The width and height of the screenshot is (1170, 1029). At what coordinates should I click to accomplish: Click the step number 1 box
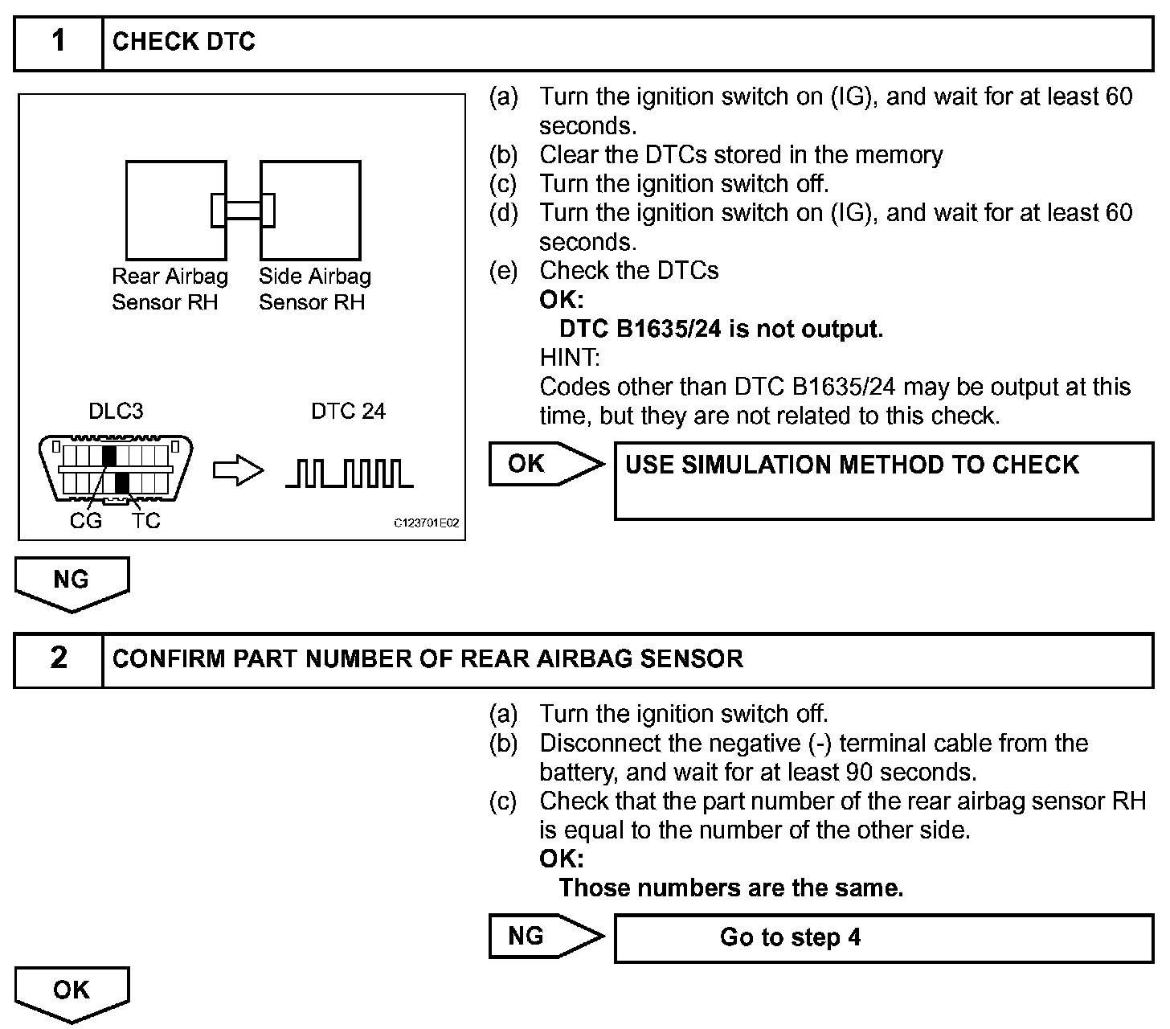click(x=59, y=43)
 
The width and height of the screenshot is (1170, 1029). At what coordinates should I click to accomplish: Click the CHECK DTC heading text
click(x=184, y=42)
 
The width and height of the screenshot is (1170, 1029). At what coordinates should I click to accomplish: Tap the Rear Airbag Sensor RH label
click(x=170, y=289)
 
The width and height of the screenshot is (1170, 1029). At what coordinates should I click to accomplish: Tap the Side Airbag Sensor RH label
click(x=314, y=289)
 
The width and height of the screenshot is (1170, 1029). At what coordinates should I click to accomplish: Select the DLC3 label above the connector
click(x=116, y=412)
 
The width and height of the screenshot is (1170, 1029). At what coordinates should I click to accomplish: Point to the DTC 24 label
click(x=348, y=412)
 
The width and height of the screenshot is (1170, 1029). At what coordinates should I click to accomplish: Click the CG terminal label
click(x=85, y=521)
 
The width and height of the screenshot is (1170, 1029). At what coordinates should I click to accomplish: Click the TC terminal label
click(x=146, y=521)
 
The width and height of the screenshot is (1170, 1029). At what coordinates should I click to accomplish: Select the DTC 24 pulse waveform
click(x=350, y=474)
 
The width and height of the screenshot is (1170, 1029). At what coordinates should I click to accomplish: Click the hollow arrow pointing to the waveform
click(x=238, y=472)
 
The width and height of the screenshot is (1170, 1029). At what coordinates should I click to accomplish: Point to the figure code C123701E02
click(x=426, y=523)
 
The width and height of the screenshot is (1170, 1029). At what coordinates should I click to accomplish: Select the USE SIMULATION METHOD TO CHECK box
click(x=883, y=481)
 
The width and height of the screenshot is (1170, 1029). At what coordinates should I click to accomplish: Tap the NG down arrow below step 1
click(x=72, y=583)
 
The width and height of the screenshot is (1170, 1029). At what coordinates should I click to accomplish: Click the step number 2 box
click(x=59, y=659)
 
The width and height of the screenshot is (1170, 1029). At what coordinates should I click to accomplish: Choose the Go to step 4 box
click(x=883, y=937)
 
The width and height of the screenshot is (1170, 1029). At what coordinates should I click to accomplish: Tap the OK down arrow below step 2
click(x=72, y=993)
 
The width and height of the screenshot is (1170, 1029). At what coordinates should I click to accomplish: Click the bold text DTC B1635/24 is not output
click(x=721, y=330)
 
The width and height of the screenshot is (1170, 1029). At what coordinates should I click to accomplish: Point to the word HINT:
click(x=569, y=358)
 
